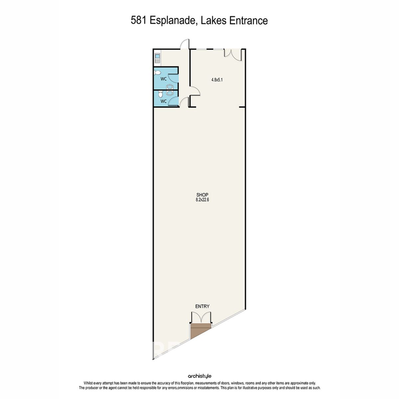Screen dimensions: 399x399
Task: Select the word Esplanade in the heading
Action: click(173, 21)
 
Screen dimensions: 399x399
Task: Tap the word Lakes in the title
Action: click(214, 21)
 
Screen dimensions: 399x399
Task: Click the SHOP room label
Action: click(202, 195)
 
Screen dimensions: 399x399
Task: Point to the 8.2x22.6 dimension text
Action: click(202, 200)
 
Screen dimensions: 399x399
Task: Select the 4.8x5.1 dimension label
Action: click(217, 80)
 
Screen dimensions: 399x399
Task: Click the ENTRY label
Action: click(202, 306)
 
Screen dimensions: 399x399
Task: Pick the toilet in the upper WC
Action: click(157, 72)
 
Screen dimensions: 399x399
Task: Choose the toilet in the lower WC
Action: click(160, 94)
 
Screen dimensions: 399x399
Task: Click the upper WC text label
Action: click(163, 79)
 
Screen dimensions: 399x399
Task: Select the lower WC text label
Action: click(164, 101)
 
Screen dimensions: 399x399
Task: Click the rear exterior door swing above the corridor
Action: click(185, 44)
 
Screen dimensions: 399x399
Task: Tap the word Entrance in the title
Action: click(248, 21)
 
